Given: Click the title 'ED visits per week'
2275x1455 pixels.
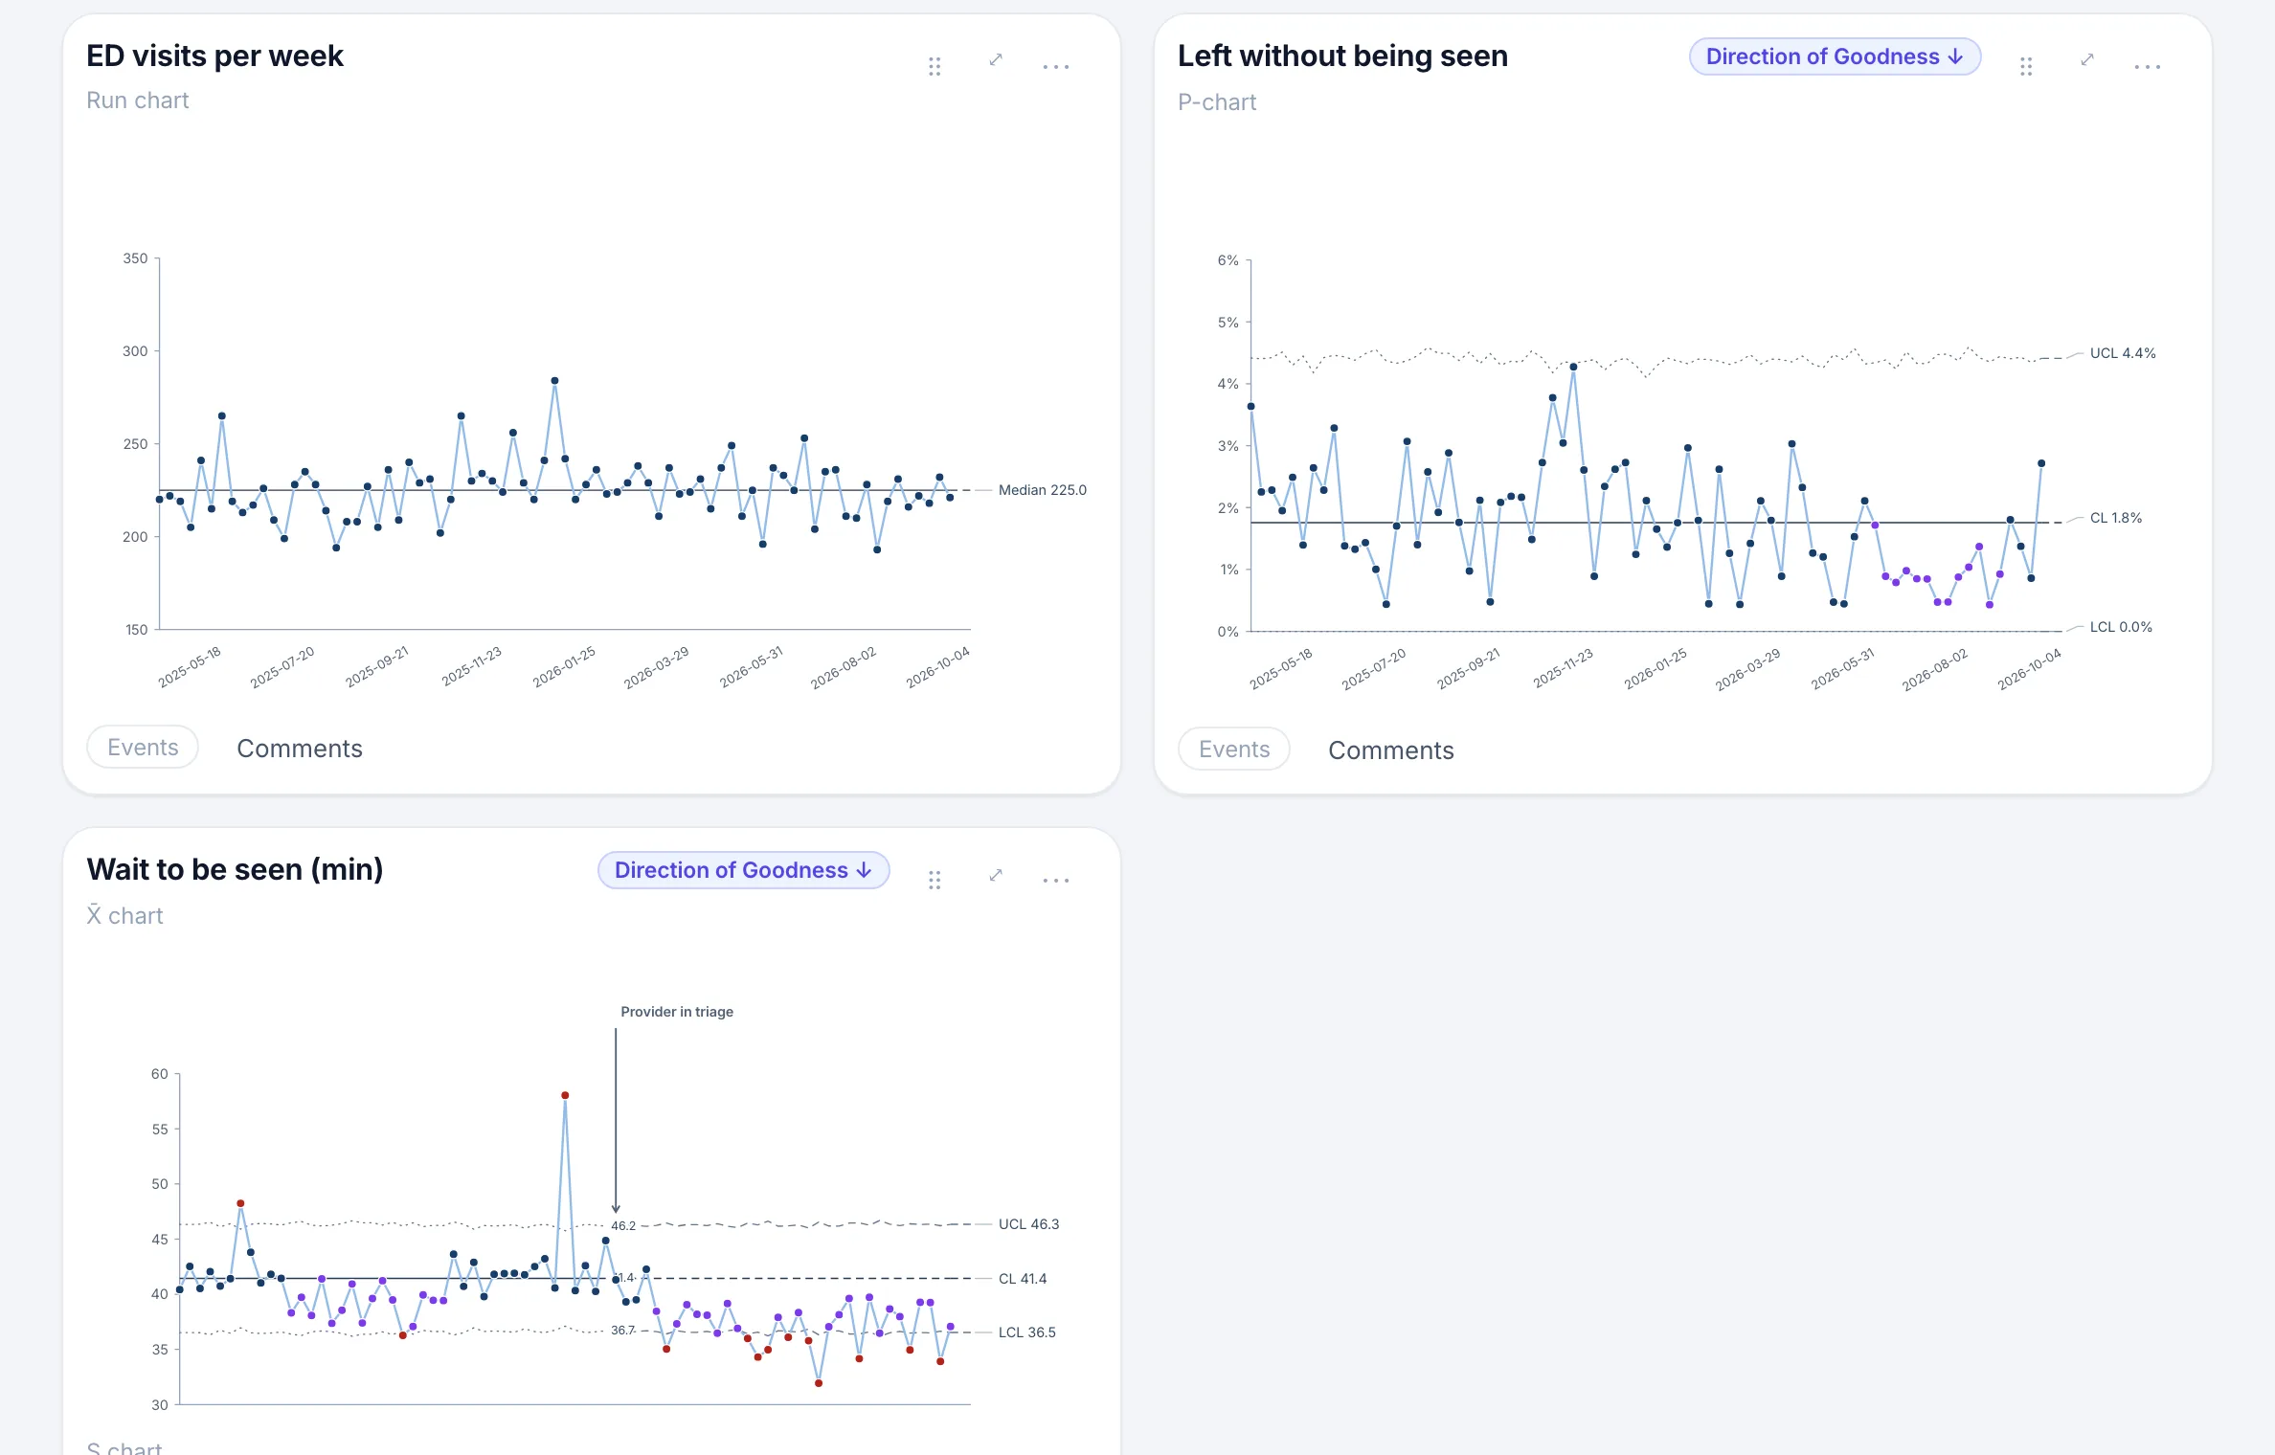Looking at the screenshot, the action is tap(214, 56).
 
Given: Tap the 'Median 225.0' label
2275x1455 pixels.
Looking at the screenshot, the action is tap(1042, 490).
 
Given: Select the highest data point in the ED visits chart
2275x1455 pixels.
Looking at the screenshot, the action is tap(554, 381).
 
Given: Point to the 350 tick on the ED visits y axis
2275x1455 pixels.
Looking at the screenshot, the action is tap(135, 258).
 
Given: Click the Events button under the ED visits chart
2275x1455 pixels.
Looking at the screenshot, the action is tap(143, 747).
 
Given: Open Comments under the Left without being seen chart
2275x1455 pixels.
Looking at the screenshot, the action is tap(1390, 750).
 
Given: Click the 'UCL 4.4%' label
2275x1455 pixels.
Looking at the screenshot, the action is tap(2122, 353).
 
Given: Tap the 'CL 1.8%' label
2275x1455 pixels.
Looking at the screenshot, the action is tap(2115, 518).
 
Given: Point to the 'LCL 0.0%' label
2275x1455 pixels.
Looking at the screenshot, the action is tap(2120, 627).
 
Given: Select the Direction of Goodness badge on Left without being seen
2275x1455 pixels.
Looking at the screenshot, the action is tap(1835, 56).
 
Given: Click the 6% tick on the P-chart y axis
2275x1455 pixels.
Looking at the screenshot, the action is tap(1228, 260).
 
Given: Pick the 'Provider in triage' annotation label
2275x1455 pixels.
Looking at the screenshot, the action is tap(677, 1012).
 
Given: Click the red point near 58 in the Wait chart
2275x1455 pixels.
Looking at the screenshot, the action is tap(565, 1095).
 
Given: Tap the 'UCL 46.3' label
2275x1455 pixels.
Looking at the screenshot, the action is tap(1028, 1224).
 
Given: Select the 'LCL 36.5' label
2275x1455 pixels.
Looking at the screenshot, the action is tap(1026, 1332).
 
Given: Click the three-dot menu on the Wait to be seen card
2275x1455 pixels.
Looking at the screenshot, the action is tap(1055, 881).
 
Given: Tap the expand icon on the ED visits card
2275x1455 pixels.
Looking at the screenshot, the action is tap(996, 59).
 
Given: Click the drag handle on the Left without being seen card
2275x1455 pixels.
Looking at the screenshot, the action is tap(2026, 66).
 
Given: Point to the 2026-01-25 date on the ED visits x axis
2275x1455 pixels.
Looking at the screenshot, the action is tap(565, 666).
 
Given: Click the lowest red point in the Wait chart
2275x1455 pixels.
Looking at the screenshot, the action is tap(819, 1383).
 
